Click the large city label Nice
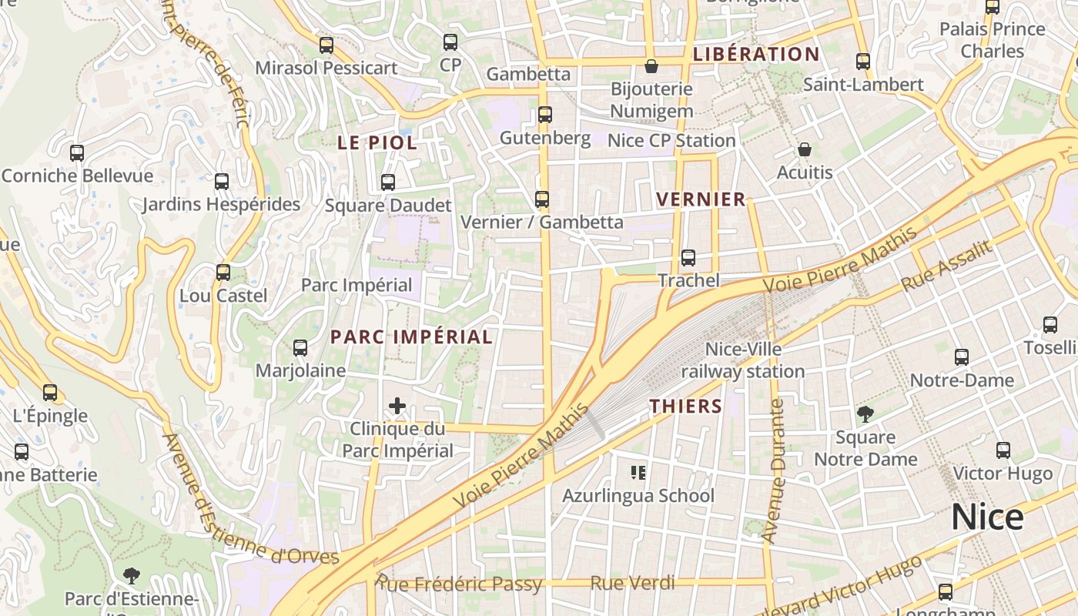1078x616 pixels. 987,517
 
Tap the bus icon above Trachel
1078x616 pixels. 688,258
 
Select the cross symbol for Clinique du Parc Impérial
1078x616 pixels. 397,406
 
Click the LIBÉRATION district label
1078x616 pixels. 755,54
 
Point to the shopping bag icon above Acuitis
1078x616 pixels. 805,149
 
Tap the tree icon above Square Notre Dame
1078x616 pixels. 865,414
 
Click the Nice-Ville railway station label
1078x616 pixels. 743,360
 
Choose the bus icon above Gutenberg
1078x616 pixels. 545,115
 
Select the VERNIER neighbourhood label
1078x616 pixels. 701,199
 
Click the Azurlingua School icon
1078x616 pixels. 638,472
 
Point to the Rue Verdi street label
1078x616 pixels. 632,583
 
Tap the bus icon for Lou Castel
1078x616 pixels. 223,273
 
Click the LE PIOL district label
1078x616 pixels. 377,142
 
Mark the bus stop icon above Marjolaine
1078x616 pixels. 300,348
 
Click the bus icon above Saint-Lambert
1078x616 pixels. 863,62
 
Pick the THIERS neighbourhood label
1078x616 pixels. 685,407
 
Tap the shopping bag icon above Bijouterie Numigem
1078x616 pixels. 651,66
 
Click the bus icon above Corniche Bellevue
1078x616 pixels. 77,152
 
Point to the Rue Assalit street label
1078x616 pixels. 946,265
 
